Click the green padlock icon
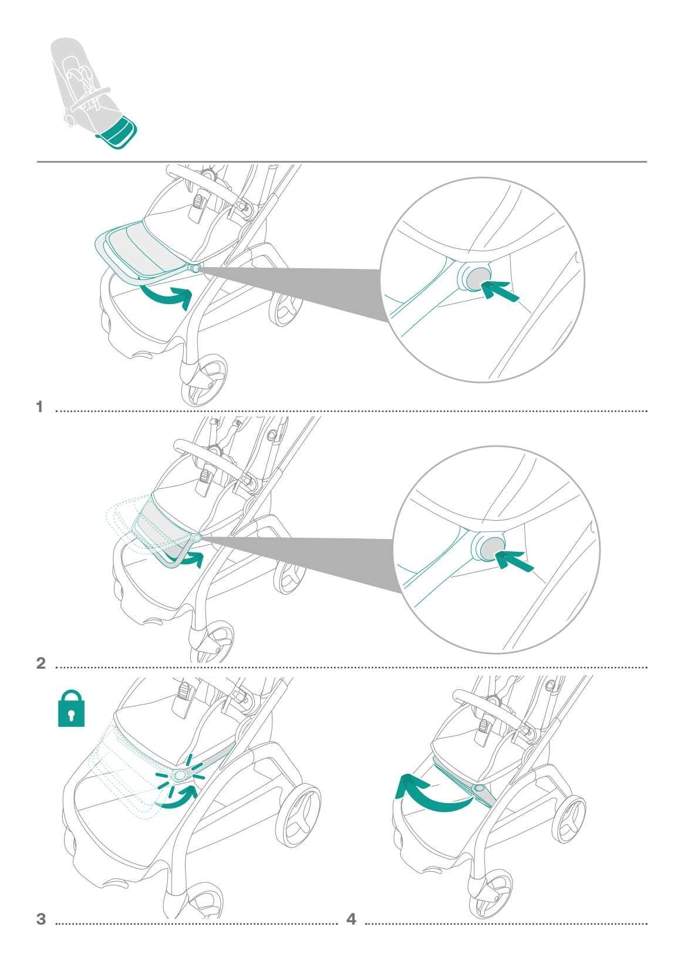[71, 709]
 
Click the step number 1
[40, 407]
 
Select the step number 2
[41, 663]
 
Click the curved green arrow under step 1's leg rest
[167, 296]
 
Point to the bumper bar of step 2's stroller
[207, 457]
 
